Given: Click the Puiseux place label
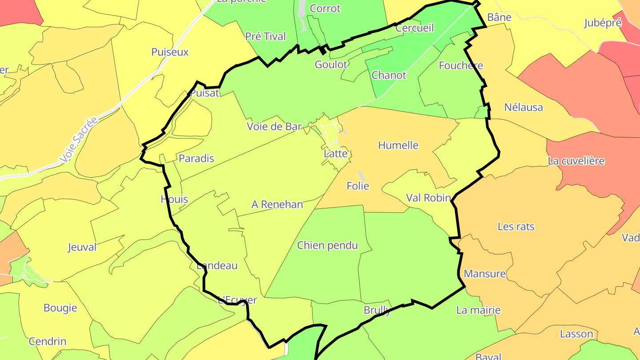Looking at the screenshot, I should (x=170, y=52).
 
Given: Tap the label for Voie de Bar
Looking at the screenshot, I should (x=274, y=127).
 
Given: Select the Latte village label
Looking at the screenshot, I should (x=336, y=154).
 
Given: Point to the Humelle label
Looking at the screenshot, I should (x=398, y=145).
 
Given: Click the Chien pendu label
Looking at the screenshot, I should (x=328, y=245).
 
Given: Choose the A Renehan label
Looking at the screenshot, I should (x=277, y=204).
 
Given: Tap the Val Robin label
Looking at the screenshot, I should (x=428, y=198).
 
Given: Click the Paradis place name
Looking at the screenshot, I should (x=196, y=158).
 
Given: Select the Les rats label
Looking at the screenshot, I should (x=516, y=226).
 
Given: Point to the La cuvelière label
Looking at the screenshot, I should (x=576, y=161).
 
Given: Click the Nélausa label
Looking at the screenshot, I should (x=524, y=107).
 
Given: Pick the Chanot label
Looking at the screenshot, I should (x=389, y=75).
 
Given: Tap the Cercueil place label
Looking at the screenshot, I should (x=414, y=28).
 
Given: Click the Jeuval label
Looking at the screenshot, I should (x=82, y=247).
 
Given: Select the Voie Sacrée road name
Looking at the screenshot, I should (x=79, y=140).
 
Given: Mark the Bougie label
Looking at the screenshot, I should (x=60, y=308).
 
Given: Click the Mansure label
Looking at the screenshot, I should (x=484, y=274).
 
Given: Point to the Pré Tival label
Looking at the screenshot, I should (x=265, y=36).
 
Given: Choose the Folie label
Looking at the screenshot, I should (x=358, y=186).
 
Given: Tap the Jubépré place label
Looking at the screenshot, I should (x=603, y=23).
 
